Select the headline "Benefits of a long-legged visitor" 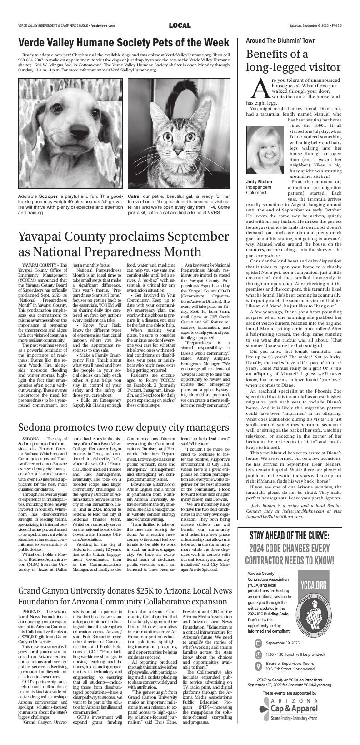[x=293, y=60]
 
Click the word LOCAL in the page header [x=180, y=25]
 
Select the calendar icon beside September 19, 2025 [x=258, y=643]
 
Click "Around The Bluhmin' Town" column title [x=280, y=40]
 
